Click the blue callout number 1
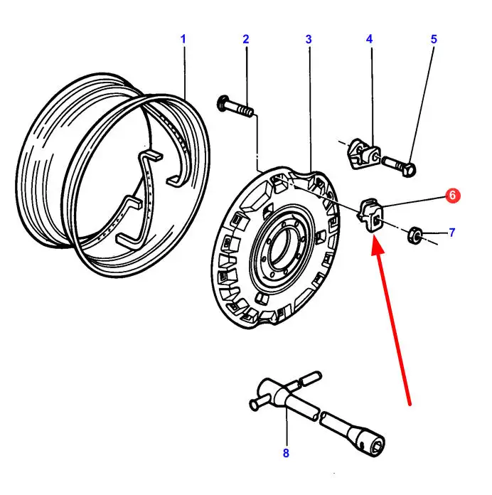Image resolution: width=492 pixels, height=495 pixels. point(183,38)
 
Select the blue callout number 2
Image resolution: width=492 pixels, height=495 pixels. point(246,38)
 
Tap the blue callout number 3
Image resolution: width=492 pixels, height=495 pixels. point(309,38)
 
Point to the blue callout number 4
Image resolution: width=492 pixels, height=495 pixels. point(370,38)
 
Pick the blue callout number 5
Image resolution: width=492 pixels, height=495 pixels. point(434,38)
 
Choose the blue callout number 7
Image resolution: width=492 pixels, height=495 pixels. point(452,233)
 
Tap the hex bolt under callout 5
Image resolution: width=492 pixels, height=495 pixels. point(401,165)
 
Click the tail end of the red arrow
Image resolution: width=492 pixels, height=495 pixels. point(410,404)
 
